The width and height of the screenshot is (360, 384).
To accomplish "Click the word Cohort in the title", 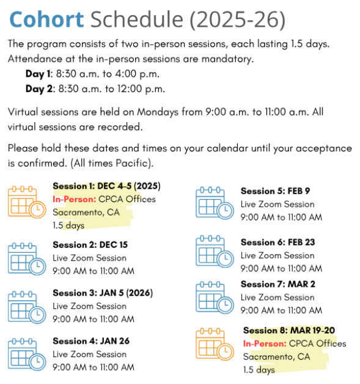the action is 47,20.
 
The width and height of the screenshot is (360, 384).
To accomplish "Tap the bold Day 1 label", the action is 39,74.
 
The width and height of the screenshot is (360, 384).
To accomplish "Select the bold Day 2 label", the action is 39,89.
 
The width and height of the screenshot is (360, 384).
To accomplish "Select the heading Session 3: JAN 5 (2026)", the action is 102,292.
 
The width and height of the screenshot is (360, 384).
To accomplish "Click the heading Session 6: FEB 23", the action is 277,242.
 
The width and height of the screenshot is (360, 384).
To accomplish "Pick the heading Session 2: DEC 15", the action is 90,245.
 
